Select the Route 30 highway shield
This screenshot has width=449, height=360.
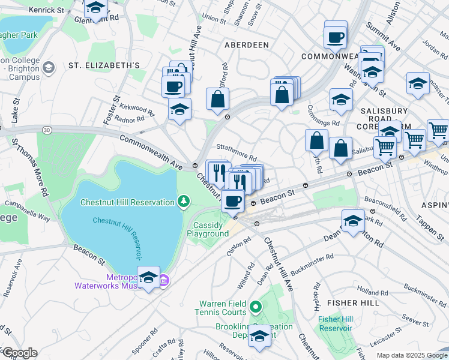(x=47, y=129)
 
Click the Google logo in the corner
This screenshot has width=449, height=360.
(x=19, y=352)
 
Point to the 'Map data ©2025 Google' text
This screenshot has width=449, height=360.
(x=411, y=355)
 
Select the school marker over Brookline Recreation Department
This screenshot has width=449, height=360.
(x=259, y=336)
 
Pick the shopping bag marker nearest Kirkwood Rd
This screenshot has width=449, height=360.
(x=217, y=99)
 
